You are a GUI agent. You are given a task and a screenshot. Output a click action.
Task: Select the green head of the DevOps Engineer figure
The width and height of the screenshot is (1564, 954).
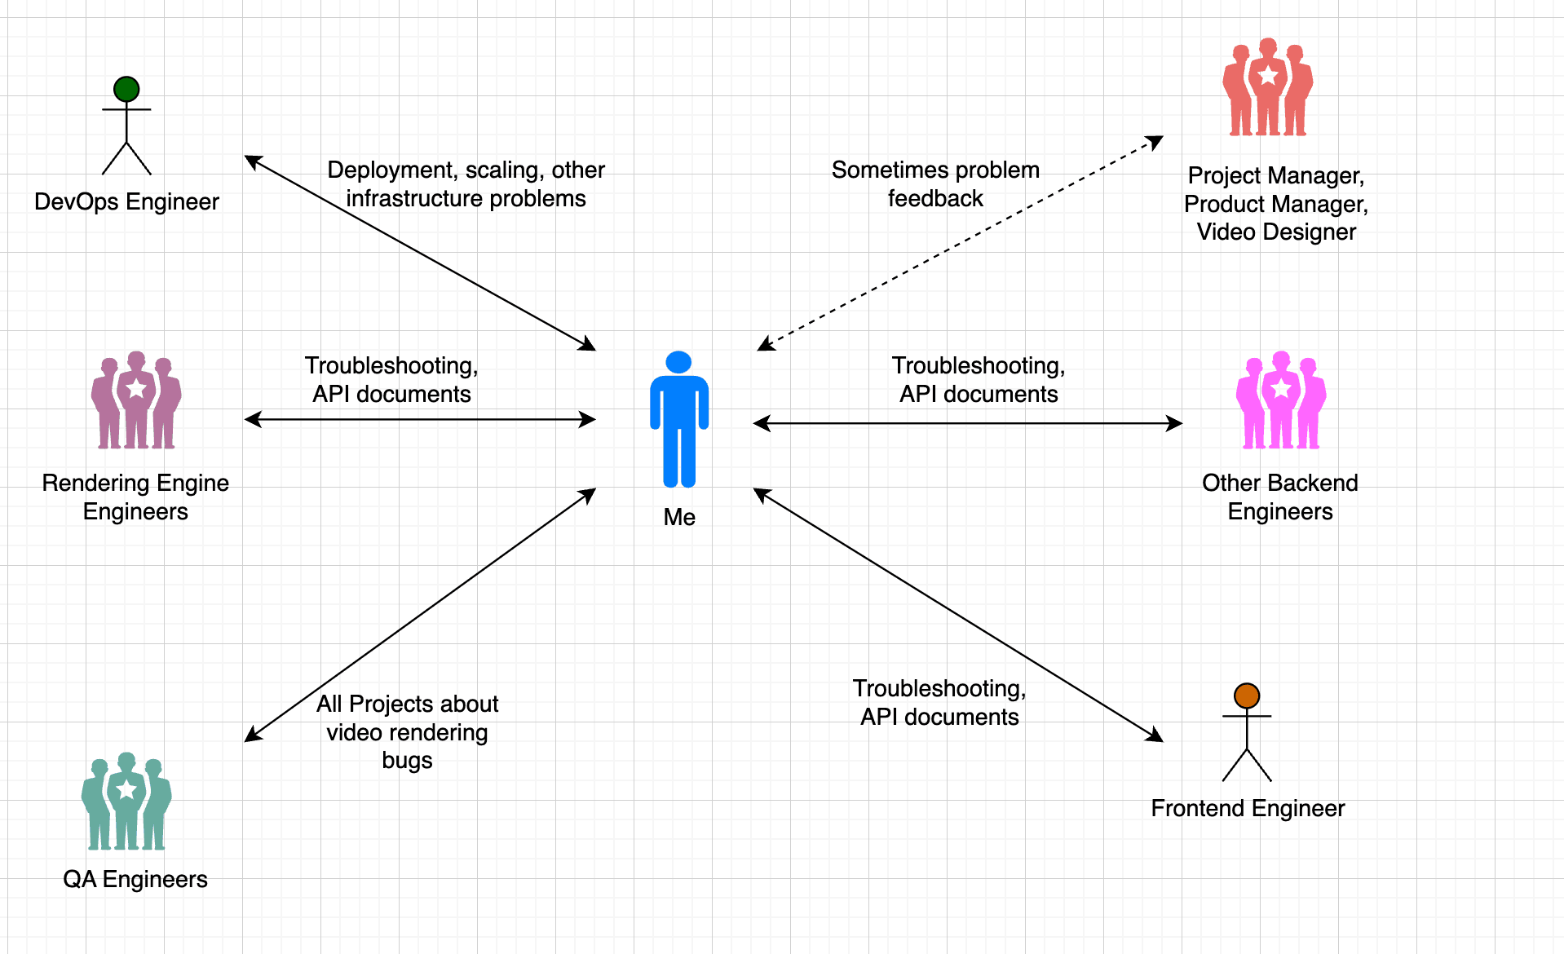coord(126,89)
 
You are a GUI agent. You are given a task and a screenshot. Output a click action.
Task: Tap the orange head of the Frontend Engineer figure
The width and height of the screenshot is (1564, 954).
coord(1247,696)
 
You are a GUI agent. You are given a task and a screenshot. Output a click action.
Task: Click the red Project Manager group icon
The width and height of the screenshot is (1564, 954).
coord(1267,87)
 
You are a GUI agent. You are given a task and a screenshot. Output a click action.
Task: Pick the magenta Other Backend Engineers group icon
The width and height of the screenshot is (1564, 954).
coord(1280,400)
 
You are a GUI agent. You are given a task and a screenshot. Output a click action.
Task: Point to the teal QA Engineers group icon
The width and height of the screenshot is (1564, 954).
coord(126,802)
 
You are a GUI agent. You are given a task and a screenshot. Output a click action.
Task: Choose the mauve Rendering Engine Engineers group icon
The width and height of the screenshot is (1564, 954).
coord(136,400)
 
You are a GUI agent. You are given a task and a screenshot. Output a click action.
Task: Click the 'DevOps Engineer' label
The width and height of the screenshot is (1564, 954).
coord(126,201)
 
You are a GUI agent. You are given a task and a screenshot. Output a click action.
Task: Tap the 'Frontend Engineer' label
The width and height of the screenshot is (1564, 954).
coord(1248,808)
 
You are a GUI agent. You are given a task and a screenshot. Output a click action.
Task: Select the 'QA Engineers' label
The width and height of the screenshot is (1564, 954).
coord(135,879)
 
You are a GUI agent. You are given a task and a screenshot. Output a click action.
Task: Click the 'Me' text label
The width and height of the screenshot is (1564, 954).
coord(679,517)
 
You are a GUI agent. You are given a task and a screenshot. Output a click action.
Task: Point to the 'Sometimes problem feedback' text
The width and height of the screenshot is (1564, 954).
coord(935,184)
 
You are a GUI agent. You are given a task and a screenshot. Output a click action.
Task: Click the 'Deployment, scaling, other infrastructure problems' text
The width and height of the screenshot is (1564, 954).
coord(466,184)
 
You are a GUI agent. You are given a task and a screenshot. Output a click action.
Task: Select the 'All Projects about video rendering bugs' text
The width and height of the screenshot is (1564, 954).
coord(407,732)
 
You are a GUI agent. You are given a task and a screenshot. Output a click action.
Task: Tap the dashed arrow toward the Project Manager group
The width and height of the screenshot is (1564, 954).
coord(961,244)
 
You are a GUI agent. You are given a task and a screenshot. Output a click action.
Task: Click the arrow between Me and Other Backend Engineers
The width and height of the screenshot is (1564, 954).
coord(967,423)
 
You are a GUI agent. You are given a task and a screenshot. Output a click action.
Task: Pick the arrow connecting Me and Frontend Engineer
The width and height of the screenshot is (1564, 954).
coord(958,615)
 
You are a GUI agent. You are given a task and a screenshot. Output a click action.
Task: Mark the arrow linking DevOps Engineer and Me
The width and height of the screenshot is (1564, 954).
coord(420,253)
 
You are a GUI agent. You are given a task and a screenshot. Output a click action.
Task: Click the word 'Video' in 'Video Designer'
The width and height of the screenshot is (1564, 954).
coord(1226,232)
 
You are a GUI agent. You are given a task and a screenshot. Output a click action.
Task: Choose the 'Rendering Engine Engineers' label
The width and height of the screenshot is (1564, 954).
coord(135,497)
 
